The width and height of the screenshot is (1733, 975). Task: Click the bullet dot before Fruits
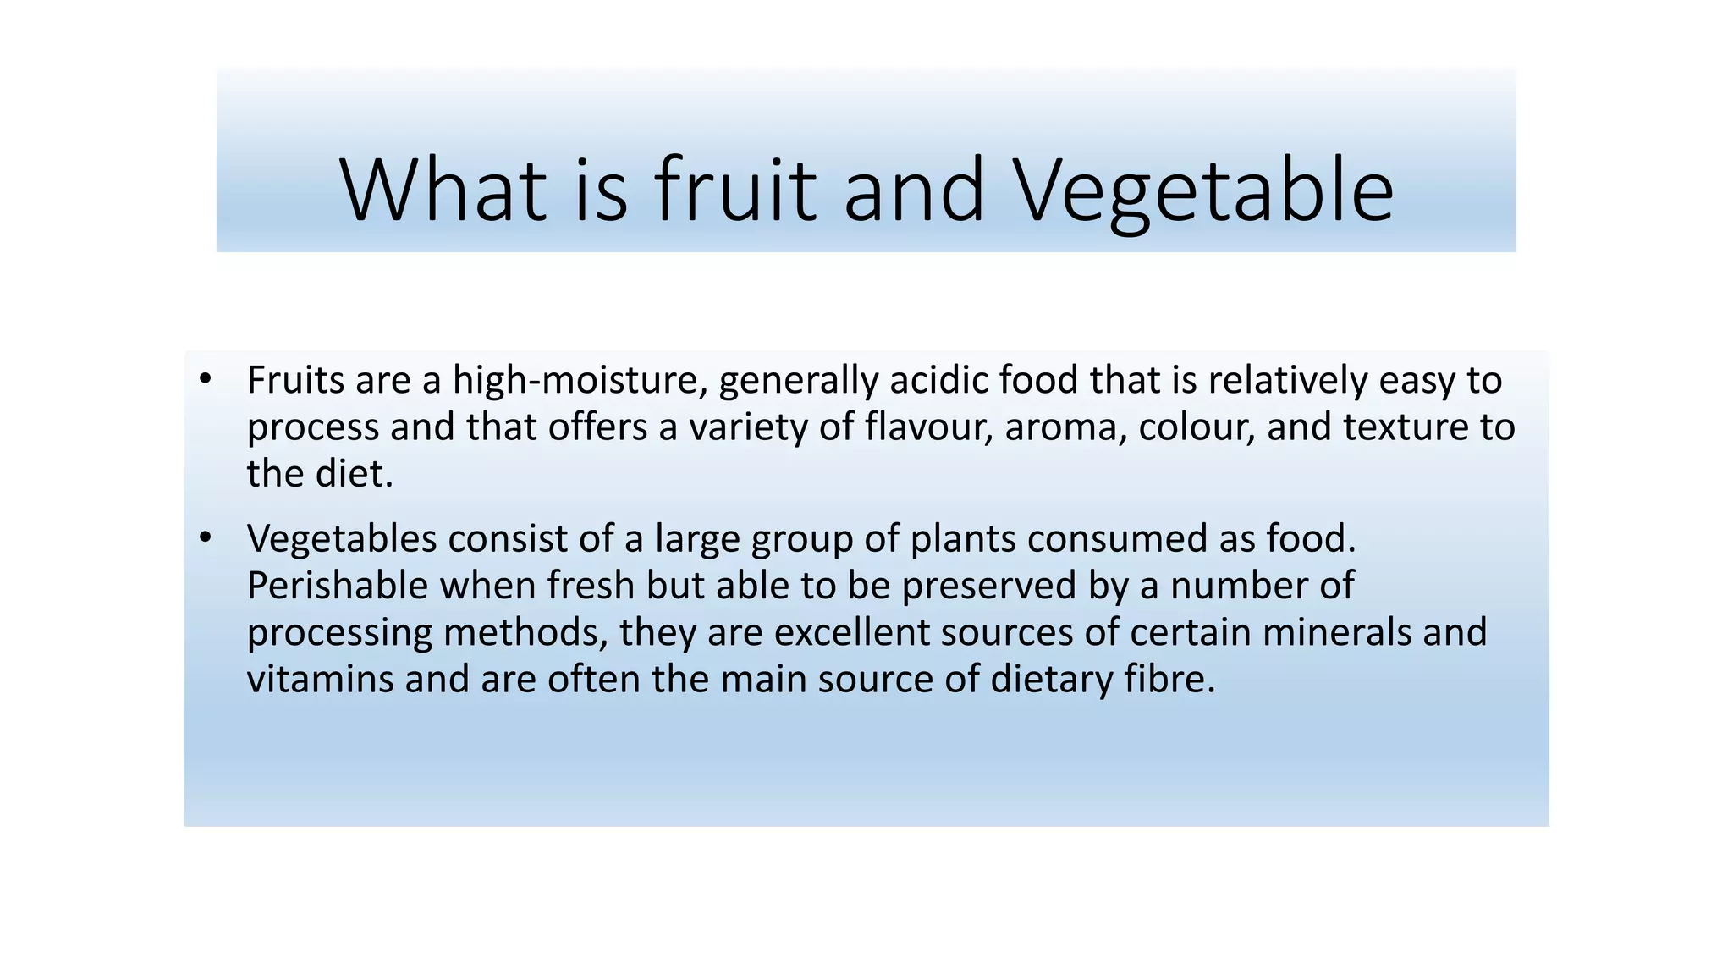pyautogui.click(x=204, y=379)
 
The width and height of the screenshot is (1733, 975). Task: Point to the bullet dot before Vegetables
pyautogui.click(x=204, y=538)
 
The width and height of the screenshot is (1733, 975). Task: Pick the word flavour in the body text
pyautogui.click(x=927, y=427)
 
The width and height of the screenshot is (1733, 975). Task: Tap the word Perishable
pyautogui.click(x=338, y=586)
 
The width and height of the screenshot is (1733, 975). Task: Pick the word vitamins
pyautogui.click(x=320, y=679)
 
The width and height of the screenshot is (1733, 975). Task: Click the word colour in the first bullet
pyautogui.click(x=1197, y=427)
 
